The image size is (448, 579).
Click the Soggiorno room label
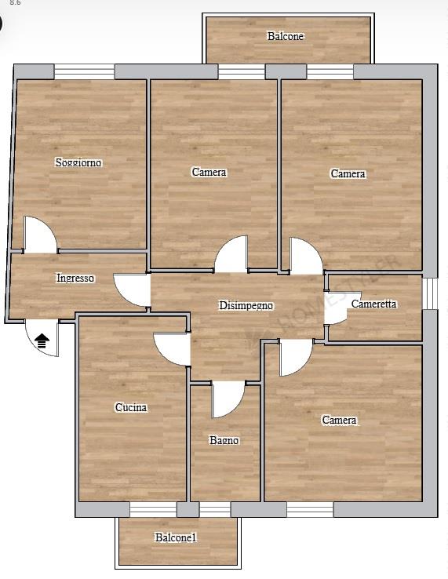(x=78, y=162)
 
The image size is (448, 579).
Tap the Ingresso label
(x=75, y=278)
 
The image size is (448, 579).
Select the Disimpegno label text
(x=246, y=305)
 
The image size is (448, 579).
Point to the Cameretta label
(x=373, y=304)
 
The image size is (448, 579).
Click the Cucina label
(x=131, y=407)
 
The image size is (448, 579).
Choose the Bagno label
(x=224, y=440)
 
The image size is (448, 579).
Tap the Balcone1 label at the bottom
(x=176, y=537)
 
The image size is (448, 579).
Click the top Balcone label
(x=286, y=36)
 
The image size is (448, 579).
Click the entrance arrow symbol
(x=42, y=340)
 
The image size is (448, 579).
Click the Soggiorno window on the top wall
(x=84, y=72)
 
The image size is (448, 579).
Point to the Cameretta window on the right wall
(x=430, y=293)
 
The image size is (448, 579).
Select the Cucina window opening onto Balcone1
(x=153, y=510)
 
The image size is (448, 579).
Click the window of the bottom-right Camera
(x=310, y=510)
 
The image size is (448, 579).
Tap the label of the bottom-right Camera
(x=339, y=420)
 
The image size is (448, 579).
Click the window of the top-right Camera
(x=330, y=72)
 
